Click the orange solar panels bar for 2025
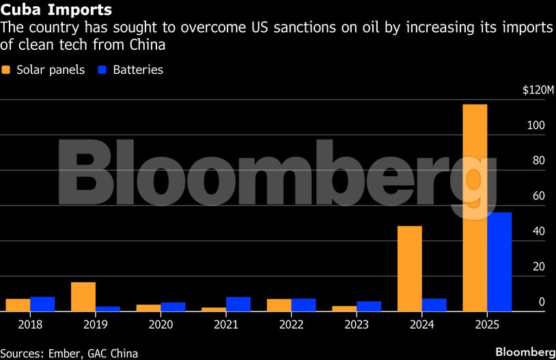point(475,208)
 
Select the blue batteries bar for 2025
point(499,262)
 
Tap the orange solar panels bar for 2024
point(410,268)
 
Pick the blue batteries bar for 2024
point(434,305)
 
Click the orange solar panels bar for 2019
point(83,296)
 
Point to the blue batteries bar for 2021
point(238,304)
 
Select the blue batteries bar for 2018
point(42,304)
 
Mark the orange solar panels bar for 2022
point(279,305)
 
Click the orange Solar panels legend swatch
point(7,70)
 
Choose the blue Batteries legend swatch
point(103,70)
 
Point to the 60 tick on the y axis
point(538,196)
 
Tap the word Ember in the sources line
point(66,353)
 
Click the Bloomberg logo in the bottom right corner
point(525,351)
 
